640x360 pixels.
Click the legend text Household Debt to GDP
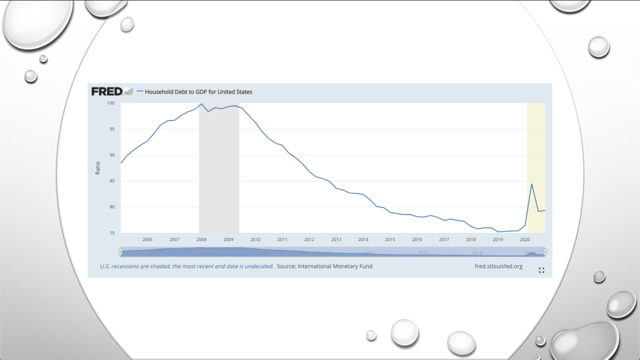point(199,92)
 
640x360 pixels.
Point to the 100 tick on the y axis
point(112,103)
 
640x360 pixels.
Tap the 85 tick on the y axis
point(113,181)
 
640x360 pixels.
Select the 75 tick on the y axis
point(113,233)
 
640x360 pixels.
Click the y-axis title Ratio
point(98,168)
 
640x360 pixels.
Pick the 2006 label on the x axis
point(147,239)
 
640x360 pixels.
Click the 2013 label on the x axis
point(336,239)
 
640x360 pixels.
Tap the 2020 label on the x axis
point(525,239)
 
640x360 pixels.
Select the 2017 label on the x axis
point(444,239)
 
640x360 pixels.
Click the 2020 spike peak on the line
point(531,184)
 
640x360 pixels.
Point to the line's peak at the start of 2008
point(201,104)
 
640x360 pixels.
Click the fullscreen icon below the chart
point(541,270)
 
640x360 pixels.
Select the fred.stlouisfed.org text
point(499,266)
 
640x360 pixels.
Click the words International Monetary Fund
point(337,266)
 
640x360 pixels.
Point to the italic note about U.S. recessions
point(186,266)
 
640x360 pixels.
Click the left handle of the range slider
point(121,251)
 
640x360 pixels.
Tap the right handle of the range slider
point(545,251)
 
